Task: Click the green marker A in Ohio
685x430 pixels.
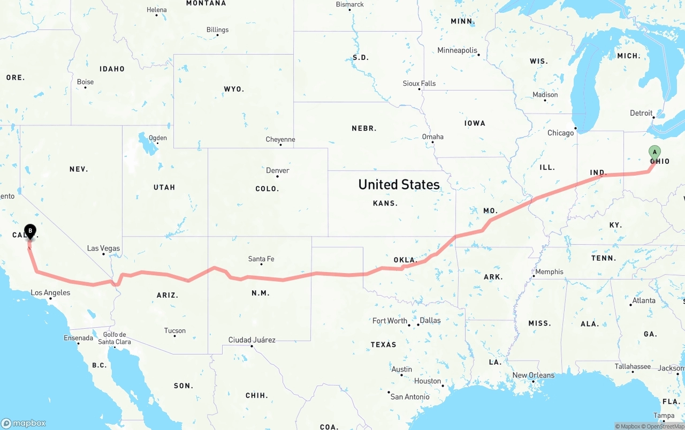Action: [x=654, y=152]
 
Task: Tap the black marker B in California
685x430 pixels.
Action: [x=31, y=231]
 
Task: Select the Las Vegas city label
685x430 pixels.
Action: [x=103, y=248]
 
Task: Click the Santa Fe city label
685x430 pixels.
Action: [x=261, y=259]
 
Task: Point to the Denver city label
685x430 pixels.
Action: [x=277, y=170]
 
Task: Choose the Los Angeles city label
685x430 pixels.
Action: [x=50, y=293]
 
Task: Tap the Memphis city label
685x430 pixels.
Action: [x=549, y=272]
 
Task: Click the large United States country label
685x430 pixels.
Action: [x=399, y=185]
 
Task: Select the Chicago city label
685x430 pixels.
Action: [x=560, y=133]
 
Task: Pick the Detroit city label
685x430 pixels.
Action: [x=641, y=114]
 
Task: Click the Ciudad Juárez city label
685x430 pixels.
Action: [x=252, y=340]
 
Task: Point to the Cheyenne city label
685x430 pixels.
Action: [x=280, y=140]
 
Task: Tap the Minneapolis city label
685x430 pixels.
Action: [x=457, y=50]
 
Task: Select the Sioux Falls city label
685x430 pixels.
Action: [x=419, y=84]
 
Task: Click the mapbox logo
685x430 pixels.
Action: [x=24, y=423]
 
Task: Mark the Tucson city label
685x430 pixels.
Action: [x=175, y=331]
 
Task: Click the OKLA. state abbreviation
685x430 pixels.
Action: [x=405, y=260]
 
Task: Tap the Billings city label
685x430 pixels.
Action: [x=217, y=30]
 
